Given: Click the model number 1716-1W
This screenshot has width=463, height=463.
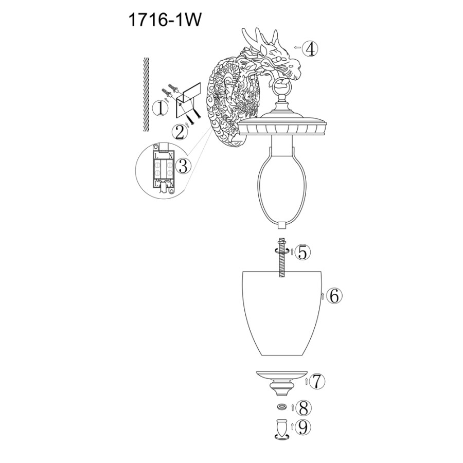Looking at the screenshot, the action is click(165, 21).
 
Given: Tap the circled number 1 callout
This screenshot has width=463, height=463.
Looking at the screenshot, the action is click(161, 108).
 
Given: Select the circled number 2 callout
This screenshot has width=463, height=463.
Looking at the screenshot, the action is click(180, 132).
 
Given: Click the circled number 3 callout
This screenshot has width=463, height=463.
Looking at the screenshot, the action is click(183, 166).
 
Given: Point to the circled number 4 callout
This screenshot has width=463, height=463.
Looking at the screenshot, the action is click(310, 49).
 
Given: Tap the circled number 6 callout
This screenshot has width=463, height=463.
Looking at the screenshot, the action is click(334, 296).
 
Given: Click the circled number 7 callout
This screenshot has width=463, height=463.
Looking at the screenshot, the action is click(317, 382).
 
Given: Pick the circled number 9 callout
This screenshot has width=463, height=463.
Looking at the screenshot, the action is click(303, 427).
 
